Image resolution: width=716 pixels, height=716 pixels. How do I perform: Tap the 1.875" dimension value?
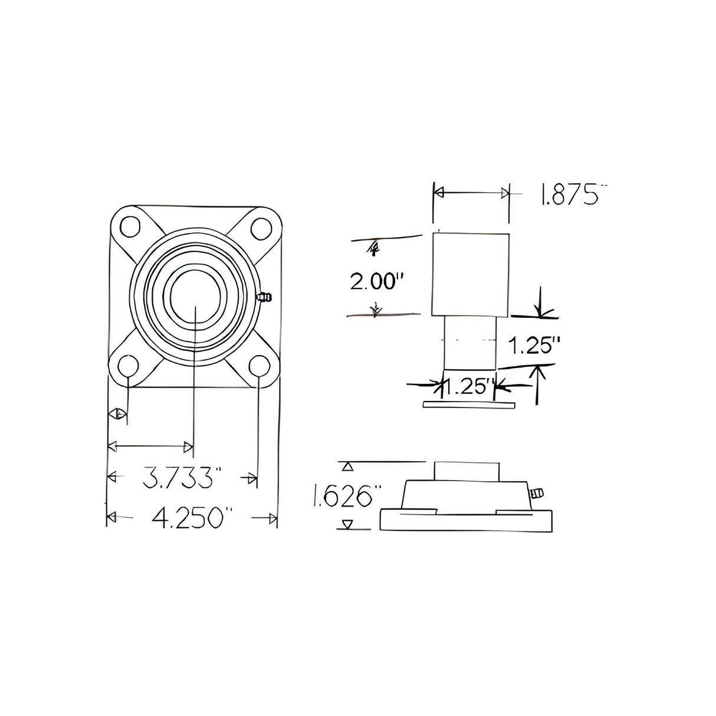pos(570,195)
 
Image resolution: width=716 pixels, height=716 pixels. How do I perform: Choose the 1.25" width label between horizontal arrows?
pos(469,387)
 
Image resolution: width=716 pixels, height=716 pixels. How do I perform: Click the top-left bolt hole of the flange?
pos(129,227)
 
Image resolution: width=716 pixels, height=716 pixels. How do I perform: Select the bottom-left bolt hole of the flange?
pos(127,366)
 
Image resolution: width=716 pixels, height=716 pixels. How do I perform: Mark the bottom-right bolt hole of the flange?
pos(258,366)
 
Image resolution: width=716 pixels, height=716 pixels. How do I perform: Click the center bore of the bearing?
pos(195,296)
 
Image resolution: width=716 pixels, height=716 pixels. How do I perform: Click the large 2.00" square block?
pos(471,274)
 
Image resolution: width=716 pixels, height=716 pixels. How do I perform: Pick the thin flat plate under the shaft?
pos(469,405)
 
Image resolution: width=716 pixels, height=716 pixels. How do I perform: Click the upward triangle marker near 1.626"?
pos(349,467)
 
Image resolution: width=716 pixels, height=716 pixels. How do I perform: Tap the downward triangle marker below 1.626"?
pos(349,523)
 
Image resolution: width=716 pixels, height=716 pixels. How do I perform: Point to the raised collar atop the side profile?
pos(467,471)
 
